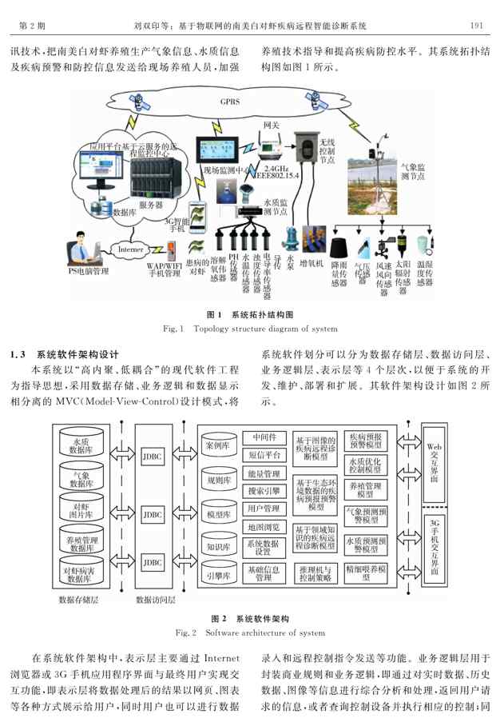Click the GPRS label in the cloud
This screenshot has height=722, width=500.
tap(229, 102)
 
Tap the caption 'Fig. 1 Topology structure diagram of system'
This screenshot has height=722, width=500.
tap(250, 329)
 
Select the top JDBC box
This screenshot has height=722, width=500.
tap(153, 458)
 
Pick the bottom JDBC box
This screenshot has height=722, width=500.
tap(153, 563)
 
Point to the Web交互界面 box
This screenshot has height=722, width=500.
tap(435, 459)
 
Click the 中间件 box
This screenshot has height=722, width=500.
tap(264, 437)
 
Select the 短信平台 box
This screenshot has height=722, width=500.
tap(264, 455)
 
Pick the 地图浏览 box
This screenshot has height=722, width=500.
tap(264, 527)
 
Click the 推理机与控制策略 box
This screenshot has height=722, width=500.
tap(314, 573)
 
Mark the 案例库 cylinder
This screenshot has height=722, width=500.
tap(218, 445)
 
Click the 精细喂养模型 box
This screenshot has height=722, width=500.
tap(367, 572)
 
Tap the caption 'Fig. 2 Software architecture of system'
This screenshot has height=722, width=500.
tap(250, 632)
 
